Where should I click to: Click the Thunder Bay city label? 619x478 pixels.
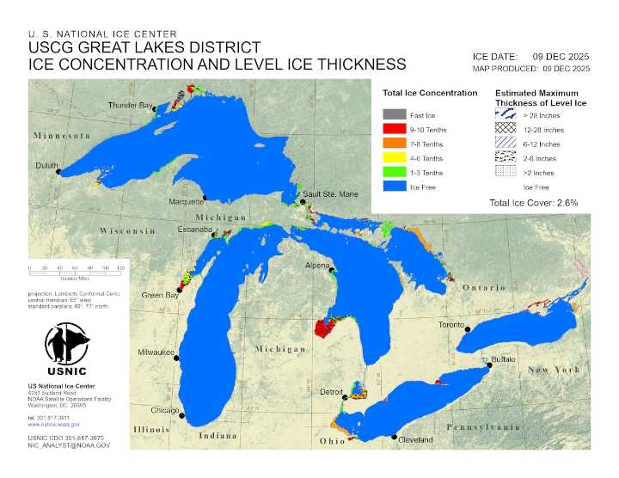coord(130,105)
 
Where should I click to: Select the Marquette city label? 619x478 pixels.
coord(186,201)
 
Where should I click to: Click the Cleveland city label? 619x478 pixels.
coord(416,440)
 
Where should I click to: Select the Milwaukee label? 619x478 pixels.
coord(156,352)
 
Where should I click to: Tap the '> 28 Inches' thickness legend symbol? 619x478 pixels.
coord(506,115)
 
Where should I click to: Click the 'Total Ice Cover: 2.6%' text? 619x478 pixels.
coord(532,203)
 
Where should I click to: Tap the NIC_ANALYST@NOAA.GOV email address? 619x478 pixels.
coord(69,445)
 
